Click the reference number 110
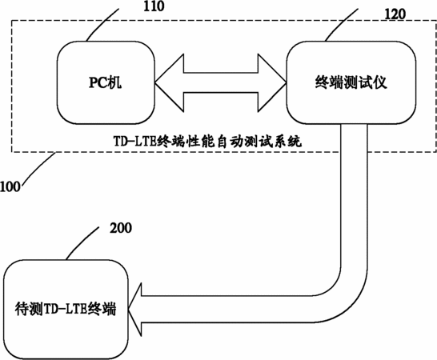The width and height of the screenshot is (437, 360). (154, 6)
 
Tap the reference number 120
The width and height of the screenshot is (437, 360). (395, 14)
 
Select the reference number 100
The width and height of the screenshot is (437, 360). (10, 186)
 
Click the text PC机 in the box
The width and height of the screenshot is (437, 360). (106, 82)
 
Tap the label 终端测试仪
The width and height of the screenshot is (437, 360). (351, 82)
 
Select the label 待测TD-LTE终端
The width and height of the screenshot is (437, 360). (66, 309)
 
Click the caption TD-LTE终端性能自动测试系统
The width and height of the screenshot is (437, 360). (207, 142)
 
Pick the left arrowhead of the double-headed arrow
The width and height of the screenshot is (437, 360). (169, 82)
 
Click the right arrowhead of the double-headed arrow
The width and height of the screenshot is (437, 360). (272, 82)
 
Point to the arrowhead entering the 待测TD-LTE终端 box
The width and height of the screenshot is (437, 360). (135, 310)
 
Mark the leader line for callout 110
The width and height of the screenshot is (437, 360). (102, 25)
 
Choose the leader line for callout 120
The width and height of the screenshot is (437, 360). (342, 25)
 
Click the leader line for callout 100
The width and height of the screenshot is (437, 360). (39, 168)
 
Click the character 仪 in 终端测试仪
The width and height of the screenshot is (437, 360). (380, 82)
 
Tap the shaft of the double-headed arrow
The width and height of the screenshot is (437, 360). (221, 82)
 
